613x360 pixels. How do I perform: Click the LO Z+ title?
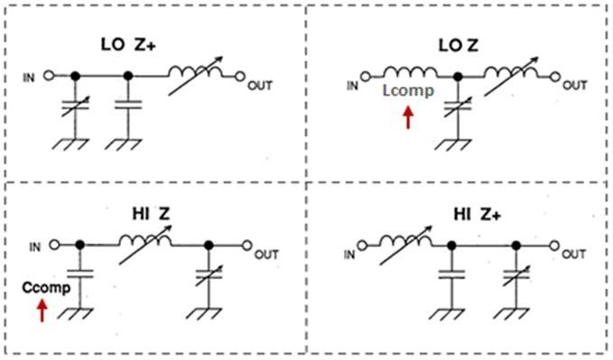point(128,44)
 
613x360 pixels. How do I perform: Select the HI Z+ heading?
point(477,214)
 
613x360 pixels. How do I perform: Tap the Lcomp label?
point(408,91)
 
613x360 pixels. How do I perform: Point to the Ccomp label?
point(46,288)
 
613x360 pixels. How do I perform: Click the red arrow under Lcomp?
point(408,117)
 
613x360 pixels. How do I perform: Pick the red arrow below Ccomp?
point(42,310)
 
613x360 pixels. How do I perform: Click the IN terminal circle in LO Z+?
point(49,75)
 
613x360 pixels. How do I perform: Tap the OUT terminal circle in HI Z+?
point(553,245)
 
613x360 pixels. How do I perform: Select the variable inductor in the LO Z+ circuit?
point(196,75)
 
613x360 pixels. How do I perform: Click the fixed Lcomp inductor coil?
point(410,72)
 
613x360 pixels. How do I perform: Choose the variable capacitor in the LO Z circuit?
point(458,106)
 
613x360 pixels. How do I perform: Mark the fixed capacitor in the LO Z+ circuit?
point(128,105)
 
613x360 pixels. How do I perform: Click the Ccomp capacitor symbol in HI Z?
point(79,273)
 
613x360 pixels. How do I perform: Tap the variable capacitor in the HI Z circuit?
point(209,275)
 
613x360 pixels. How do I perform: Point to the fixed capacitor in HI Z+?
point(451,274)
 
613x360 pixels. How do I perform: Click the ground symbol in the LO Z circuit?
point(453,144)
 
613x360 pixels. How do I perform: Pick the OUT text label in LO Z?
point(575,85)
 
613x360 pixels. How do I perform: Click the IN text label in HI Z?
point(35,247)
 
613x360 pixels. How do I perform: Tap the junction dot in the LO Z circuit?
point(458,77)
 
